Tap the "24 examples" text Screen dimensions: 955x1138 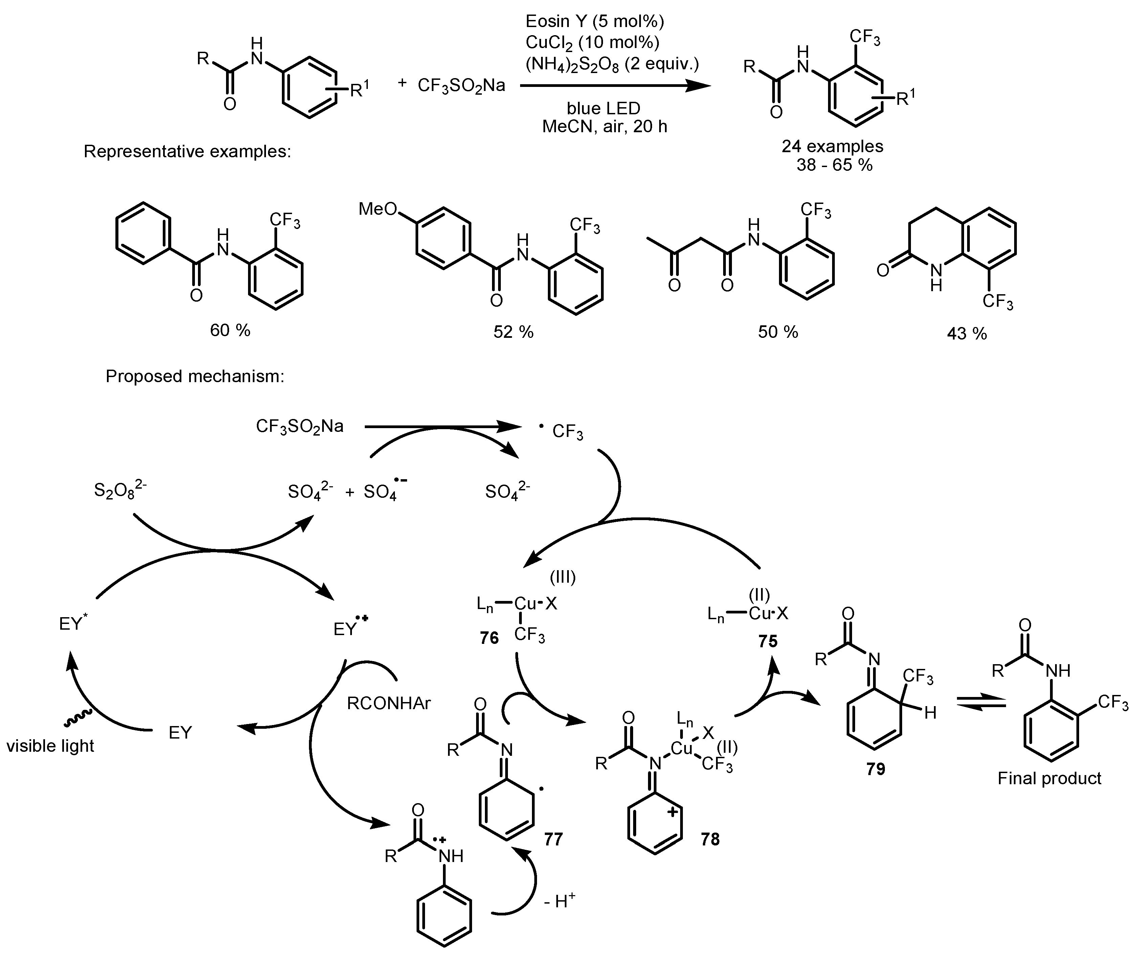click(832, 146)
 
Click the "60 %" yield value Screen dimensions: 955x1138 click(230, 330)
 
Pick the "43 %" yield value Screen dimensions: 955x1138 click(967, 333)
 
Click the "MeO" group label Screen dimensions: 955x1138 click(378, 209)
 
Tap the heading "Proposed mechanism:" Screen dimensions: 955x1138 click(195, 376)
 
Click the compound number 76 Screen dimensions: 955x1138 click(489, 638)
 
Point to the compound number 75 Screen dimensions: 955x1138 click(768, 642)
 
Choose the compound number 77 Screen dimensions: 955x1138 click(553, 839)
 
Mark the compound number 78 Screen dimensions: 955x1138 click(710, 839)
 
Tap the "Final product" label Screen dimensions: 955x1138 click(1049, 778)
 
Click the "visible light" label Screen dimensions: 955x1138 click(50, 746)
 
